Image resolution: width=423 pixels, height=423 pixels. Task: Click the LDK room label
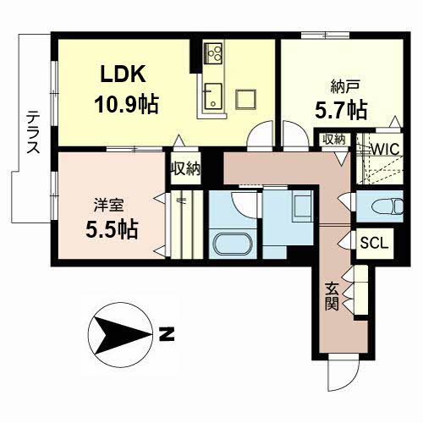click(x=124, y=74)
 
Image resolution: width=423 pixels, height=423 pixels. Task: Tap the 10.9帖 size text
click(x=127, y=104)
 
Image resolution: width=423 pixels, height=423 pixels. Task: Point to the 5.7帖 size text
click(x=341, y=110)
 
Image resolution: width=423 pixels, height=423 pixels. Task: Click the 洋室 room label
click(x=109, y=205)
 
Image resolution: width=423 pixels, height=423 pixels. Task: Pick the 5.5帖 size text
click(x=112, y=229)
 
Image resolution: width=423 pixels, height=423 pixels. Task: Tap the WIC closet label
click(x=386, y=149)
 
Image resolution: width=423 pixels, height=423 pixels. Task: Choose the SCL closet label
click(x=374, y=243)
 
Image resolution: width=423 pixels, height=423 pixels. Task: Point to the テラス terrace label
click(x=33, y=132)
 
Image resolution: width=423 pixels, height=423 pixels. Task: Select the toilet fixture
click(x=387, y=206)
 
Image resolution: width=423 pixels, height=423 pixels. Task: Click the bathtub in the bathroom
click(x=233, y=244)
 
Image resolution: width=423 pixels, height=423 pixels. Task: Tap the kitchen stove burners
click(x=213, y=52)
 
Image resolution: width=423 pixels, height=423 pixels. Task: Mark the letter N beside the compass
click(x=167, y=334)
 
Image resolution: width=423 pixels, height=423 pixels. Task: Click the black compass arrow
click(x=122, y=335)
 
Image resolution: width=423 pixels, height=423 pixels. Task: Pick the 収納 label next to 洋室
click(x=186, y=168)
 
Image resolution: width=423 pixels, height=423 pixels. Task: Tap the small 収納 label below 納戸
click(x=334, y=140)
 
